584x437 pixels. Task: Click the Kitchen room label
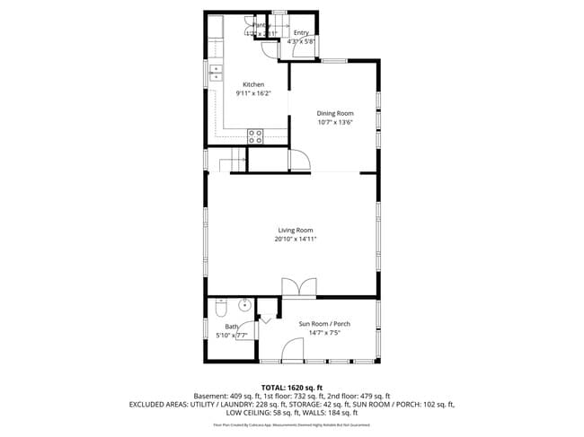point(253,84)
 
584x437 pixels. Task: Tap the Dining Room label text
point(334,113)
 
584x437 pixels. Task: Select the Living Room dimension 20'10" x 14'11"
point(296,240)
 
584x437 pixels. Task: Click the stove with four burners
point(255,136)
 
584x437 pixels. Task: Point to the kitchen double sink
point(216,74)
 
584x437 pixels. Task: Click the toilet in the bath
point(220,310)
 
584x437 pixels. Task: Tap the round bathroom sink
point(243,305)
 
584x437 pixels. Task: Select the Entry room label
point(301,33)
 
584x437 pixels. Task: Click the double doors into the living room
point(298,286)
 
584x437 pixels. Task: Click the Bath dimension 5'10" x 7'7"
point(232,336)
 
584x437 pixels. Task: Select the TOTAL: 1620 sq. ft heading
point(291,387)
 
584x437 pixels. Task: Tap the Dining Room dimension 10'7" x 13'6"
point(334,122)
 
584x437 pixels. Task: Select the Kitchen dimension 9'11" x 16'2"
point(253,93)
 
